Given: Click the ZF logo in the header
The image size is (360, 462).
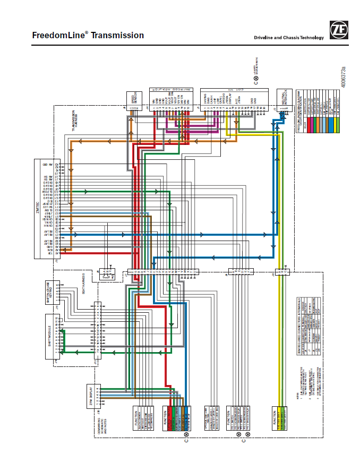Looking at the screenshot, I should coord(338,30).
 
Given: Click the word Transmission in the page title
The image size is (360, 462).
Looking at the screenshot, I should coord(117,36).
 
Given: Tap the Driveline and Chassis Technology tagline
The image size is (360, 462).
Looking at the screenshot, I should coord(288,38).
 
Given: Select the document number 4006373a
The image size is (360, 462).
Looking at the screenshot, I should coord(344,76).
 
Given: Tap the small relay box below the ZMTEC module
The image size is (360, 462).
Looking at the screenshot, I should coord(108,274).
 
